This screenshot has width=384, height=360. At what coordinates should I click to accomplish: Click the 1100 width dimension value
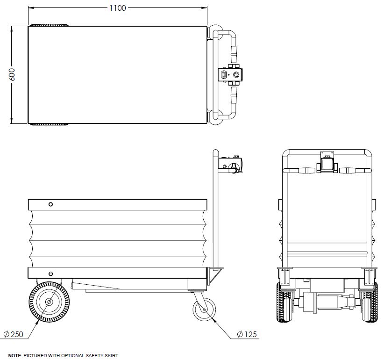117,8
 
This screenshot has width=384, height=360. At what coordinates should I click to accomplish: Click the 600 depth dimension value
12,74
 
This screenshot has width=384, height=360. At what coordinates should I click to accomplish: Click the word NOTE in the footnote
14,356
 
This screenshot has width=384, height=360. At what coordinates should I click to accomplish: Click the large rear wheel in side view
49,302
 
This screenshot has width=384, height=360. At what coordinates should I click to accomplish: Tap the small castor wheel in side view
204,309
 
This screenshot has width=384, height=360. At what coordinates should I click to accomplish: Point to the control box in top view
231,75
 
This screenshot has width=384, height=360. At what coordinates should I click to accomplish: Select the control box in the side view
232,165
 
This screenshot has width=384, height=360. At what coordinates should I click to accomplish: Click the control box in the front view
327,164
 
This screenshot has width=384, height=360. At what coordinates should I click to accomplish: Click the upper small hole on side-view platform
50,204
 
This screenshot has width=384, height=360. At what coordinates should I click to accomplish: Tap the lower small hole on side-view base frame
50,273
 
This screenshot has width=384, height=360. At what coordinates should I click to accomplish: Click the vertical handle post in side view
215,210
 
